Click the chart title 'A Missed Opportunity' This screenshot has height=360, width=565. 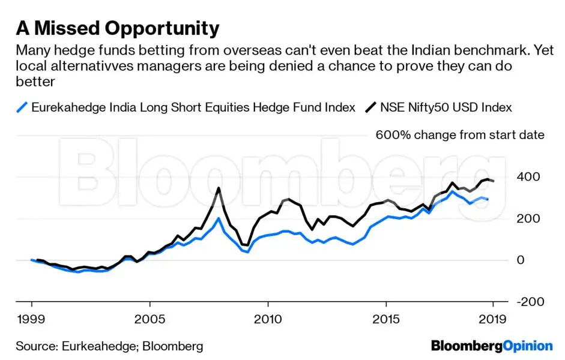(x=117, y=28)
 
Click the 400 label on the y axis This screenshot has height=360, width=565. (x=528, y=177)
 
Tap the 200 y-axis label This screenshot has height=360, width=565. (x=528, y=218)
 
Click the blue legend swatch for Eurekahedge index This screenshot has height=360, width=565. (x=22, y=108)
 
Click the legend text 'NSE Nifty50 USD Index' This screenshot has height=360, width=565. (x=446, y=108)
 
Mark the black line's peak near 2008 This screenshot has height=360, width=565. (x=218, y=188)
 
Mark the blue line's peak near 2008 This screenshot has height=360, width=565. (x=219, y=218)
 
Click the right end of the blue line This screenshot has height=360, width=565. (x=488, y=199)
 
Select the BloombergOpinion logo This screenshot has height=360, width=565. (x=492, y=346)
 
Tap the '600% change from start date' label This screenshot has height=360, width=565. (x=460, y=135)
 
